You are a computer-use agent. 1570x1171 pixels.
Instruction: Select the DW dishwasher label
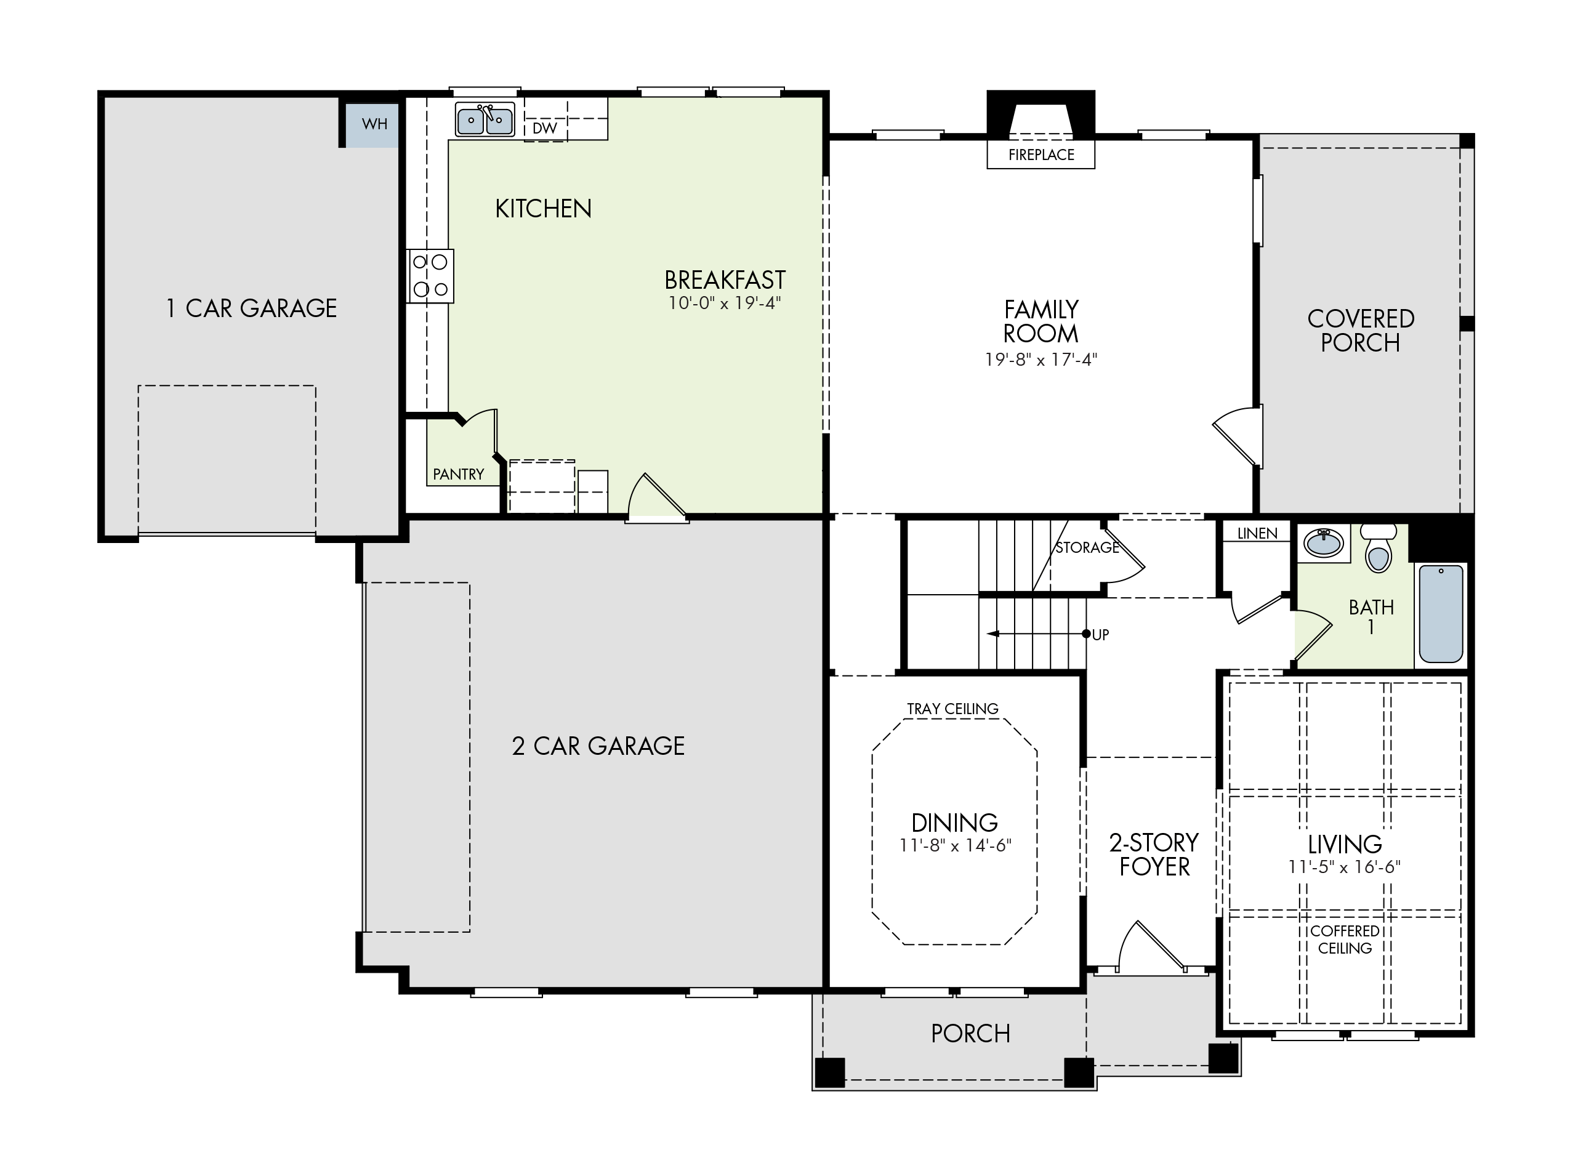coord(544,128)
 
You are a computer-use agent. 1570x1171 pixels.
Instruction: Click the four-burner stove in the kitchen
coord(430,276)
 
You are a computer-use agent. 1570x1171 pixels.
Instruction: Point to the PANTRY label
coord(459,474)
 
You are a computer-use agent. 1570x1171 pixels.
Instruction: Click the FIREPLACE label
coord(1041,155)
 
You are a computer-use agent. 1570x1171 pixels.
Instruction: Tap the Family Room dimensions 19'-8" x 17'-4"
coord(1041,360)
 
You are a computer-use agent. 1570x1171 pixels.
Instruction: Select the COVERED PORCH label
coord(1360,331)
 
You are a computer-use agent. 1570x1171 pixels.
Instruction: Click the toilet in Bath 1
coord(1378,547)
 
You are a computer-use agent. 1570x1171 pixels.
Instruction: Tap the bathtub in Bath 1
coord(1441,614)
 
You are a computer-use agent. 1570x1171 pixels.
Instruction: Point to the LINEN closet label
coord(1257,533)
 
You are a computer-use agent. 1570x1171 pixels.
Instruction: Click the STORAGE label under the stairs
coord(1087,547)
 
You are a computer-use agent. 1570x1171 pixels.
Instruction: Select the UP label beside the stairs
coord(1100,635)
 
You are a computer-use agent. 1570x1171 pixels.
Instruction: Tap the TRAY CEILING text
coord(952,709)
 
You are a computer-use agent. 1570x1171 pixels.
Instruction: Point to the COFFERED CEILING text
coord(1345,940)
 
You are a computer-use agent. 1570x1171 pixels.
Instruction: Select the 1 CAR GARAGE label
coord(251,308)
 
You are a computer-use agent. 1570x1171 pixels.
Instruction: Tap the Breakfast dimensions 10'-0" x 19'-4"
coord(725,303)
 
